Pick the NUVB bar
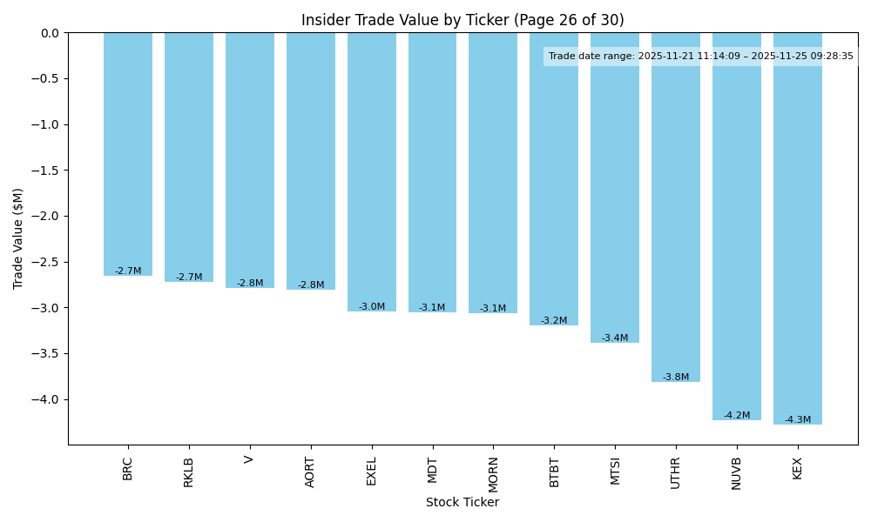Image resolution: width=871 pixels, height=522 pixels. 736,226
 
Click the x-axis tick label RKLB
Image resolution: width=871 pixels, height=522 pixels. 189,472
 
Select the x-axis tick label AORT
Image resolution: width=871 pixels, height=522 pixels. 311,472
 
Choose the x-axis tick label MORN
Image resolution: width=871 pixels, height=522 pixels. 493,473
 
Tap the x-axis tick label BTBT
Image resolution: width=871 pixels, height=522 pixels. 554,472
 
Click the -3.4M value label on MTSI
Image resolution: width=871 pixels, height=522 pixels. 615,338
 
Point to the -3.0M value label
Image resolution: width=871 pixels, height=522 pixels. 372,307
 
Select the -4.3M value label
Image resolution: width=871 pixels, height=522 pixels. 797,420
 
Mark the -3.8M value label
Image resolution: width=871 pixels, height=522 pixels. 675,378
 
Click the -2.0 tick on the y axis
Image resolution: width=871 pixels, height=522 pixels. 47,217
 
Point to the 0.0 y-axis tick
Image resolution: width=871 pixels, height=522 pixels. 50,33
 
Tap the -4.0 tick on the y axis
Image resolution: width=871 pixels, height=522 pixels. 47,399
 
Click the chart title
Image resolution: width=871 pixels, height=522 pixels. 463,20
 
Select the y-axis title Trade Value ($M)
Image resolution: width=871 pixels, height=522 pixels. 18,238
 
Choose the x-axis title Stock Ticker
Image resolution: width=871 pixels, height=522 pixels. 463,502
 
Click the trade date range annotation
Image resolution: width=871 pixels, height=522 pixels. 700,57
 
